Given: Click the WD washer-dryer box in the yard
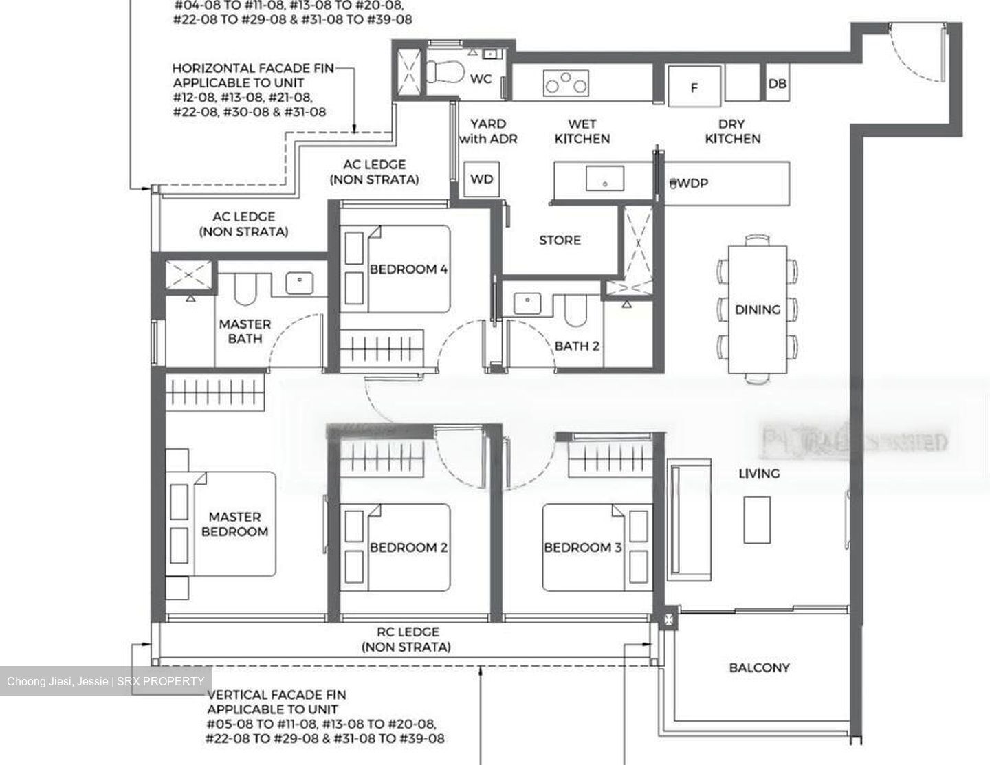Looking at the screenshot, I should (481, 179).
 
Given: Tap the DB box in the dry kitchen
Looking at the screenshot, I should (778, 84).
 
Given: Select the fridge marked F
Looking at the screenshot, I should (694, 87).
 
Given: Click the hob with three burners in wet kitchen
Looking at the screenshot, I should (566, 83).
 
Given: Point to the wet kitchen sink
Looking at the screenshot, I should (605, 179).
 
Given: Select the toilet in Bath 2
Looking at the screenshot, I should (575, 310).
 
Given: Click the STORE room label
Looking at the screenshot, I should (560, 241).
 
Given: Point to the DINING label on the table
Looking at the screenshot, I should (758, 310).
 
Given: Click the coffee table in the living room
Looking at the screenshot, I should (757, 520).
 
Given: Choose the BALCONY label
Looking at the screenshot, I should (759, 667).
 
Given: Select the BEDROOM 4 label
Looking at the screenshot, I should (408, 269).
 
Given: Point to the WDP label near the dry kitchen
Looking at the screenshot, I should (691, 184).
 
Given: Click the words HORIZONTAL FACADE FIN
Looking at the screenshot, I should (253, 68).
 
